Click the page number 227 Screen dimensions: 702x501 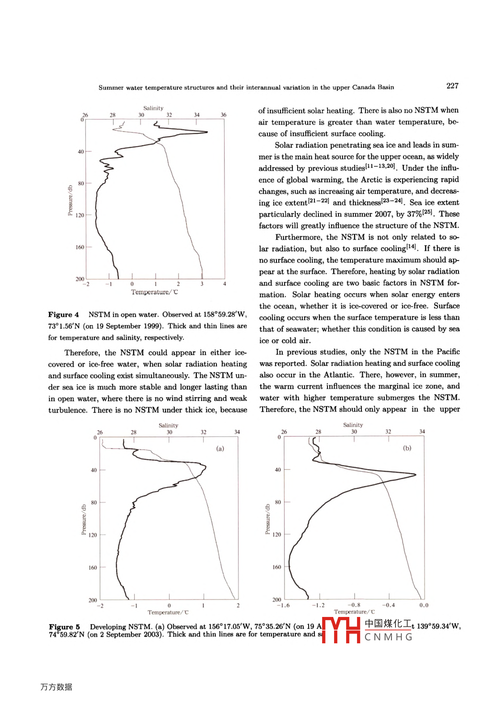452,86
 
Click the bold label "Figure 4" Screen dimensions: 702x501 64,315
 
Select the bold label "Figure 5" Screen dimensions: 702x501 64,627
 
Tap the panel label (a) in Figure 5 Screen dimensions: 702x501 220,448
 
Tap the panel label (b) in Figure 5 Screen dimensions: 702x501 407,448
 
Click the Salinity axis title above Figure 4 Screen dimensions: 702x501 153,108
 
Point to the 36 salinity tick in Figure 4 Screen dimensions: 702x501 223,115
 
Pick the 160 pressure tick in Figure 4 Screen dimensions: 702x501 80,247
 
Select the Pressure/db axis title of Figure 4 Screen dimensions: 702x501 70,200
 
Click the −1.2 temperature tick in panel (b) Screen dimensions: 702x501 318,605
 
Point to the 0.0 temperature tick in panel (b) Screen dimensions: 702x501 424,605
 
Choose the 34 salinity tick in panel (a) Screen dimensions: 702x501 237,432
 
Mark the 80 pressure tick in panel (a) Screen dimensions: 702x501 94,502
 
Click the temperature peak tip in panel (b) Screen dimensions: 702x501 416,475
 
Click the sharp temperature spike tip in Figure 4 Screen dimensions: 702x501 208,132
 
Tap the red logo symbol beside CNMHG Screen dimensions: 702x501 341,630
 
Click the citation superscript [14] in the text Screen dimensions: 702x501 411,246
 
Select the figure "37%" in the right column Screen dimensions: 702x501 414,214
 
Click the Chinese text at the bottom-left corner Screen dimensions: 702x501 56,687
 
